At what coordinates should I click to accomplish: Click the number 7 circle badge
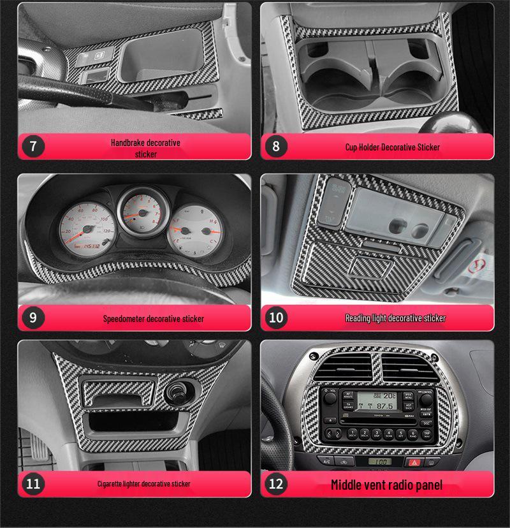pyautogui.click(x=33, y=146)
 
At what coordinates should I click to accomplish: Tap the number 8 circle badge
pyautogui.click(x=275, y=146)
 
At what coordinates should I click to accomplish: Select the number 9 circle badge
pyautogui.click(x=33, y=318)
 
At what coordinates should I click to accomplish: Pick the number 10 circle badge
pyautogui.click(x=275, y=318)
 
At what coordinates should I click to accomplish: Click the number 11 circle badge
pyautogui.click(x=33, y=484)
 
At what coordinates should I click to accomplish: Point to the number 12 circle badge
pyautogui.click(x=275, y=484)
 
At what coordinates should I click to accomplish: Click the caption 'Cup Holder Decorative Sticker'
pyautogui.click(x=392, y=147)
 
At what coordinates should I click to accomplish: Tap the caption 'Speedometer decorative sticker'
pyautogui.click(x=154, y=318)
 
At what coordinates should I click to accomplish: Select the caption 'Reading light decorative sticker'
pyautogui.click(x=395, y=318)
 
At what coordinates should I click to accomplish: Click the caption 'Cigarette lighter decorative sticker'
pyautogui.click(x=143, y=484)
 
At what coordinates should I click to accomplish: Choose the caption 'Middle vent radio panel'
pyautogui.click(x=386, y=485)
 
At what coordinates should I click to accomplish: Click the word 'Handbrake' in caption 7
pyautogui.click(x=127, y=143)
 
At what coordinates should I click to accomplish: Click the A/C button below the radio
pyautogui.click(x=327, y=461)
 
